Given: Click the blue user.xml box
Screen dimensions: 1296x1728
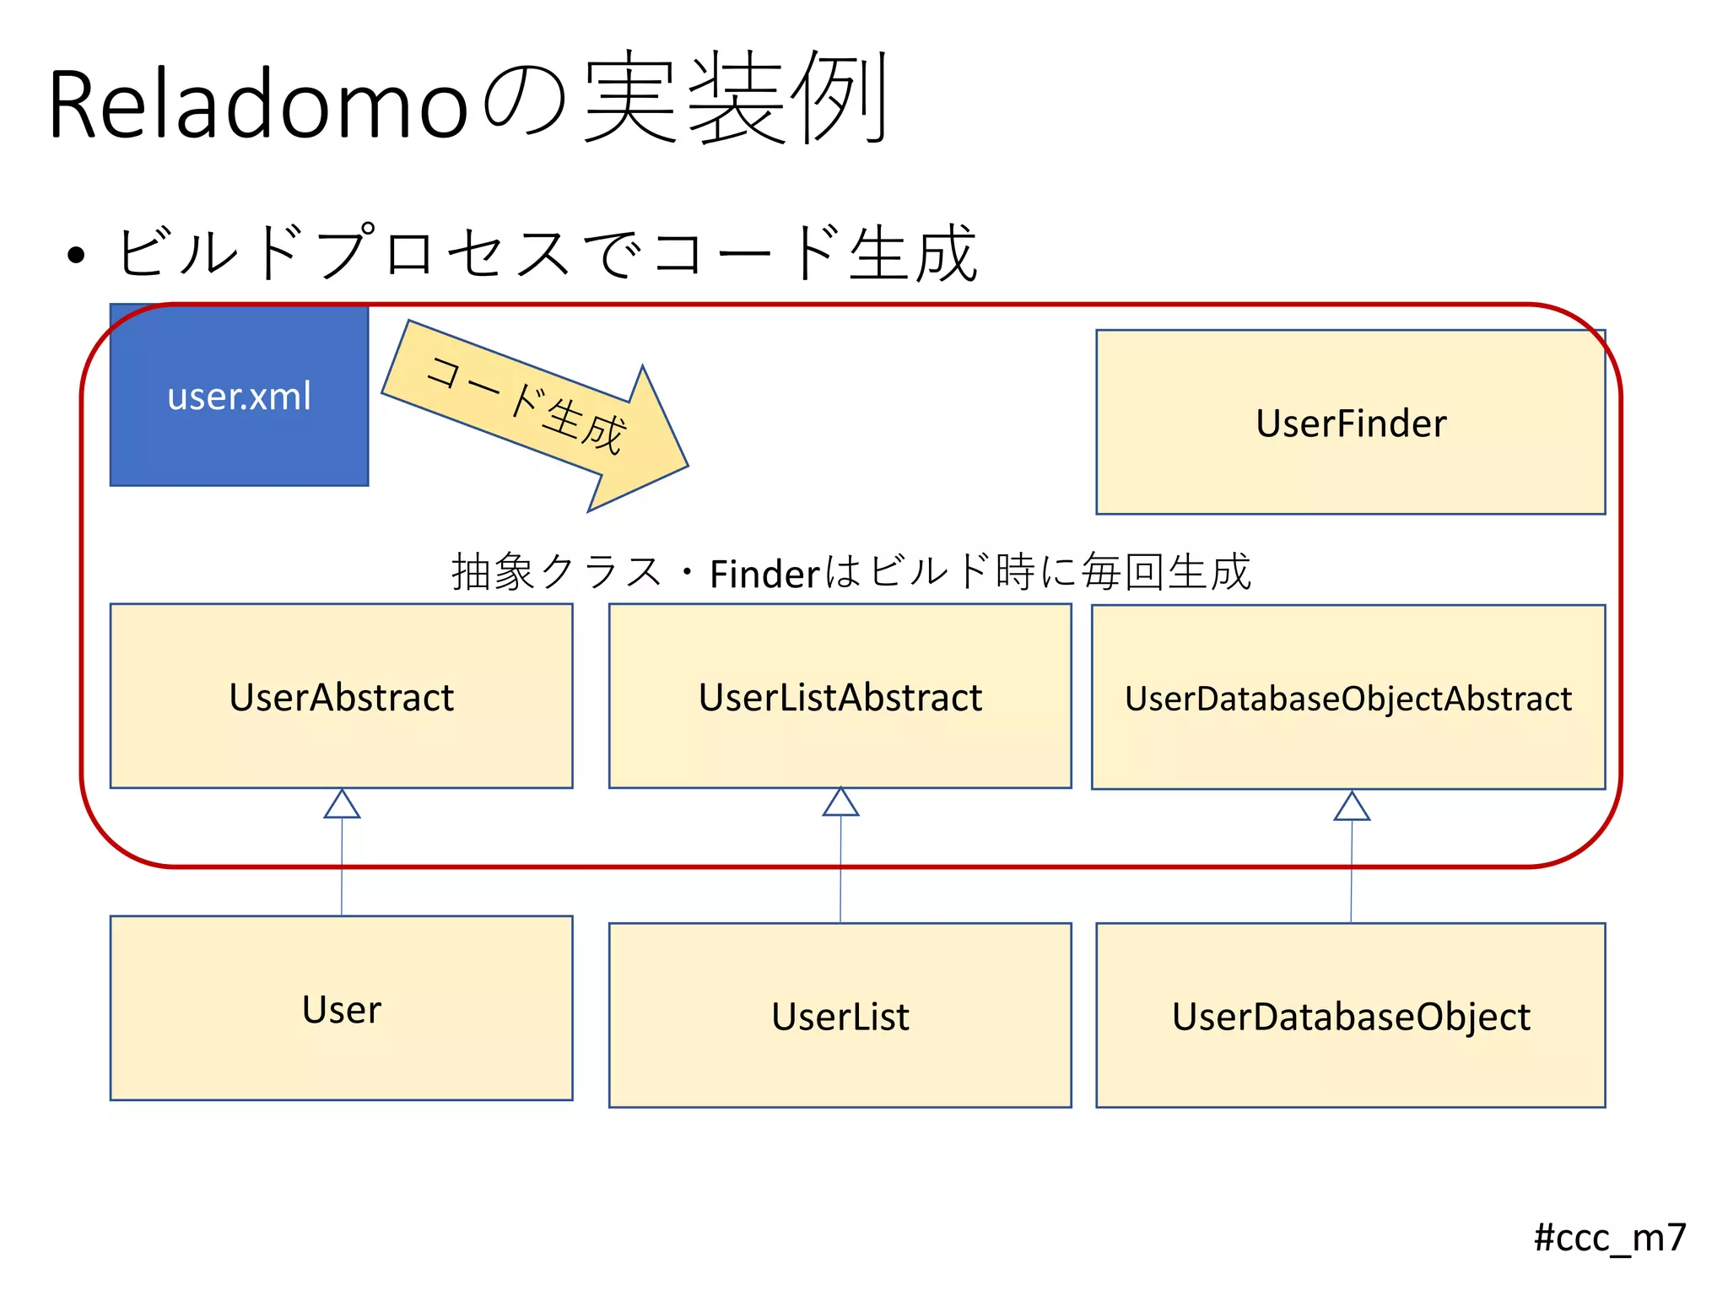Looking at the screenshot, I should pos(239,396).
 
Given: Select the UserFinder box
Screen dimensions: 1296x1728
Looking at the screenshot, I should pos(1350,423).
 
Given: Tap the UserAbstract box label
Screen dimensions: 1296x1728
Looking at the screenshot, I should pos(341,698).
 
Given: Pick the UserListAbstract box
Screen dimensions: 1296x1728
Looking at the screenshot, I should pos(840,697).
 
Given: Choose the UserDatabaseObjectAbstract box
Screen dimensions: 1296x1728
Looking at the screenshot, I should pos(1347,699).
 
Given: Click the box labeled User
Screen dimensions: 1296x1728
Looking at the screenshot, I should pos(341,1009).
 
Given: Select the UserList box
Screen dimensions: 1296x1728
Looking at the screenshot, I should pos(840,1016).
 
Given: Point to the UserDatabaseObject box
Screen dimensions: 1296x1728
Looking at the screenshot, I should pos(1350,1016).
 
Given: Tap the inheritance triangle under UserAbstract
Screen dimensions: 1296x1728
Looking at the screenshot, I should pos(342,805).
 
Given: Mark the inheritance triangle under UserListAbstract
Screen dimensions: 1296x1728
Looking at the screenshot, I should pos(840,802).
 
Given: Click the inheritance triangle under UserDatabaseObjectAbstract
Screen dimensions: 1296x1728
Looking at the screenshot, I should pos(1352,807).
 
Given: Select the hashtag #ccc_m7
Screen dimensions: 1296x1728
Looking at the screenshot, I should pos(1609,1238).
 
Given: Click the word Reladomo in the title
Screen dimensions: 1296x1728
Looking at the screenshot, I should pos(257,105).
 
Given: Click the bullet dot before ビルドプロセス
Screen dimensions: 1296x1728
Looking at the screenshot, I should pos(76,254).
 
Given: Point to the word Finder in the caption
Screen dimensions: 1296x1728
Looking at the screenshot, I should pos(764,575).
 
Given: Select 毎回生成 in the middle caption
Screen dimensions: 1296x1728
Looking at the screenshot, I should pos(1166,572).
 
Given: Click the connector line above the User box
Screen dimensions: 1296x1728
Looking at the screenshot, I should pos(342,869).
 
